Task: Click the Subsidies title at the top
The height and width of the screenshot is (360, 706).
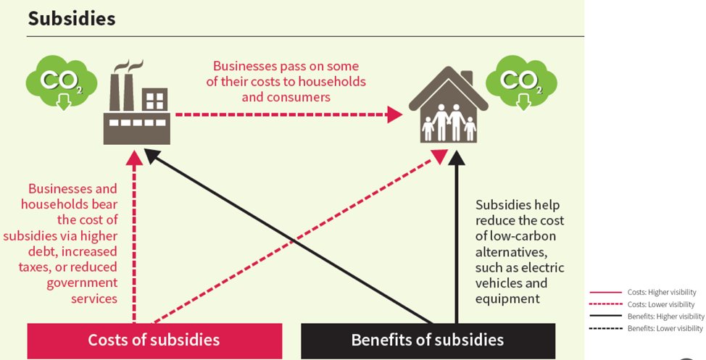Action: pos(71,19)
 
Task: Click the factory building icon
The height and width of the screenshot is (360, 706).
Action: pos(137,106)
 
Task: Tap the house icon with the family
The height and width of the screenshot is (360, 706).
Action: pos(448,109)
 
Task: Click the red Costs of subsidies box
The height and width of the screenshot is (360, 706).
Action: pos(154,340)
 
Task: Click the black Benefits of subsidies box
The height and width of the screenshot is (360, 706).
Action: pos(427,340)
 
